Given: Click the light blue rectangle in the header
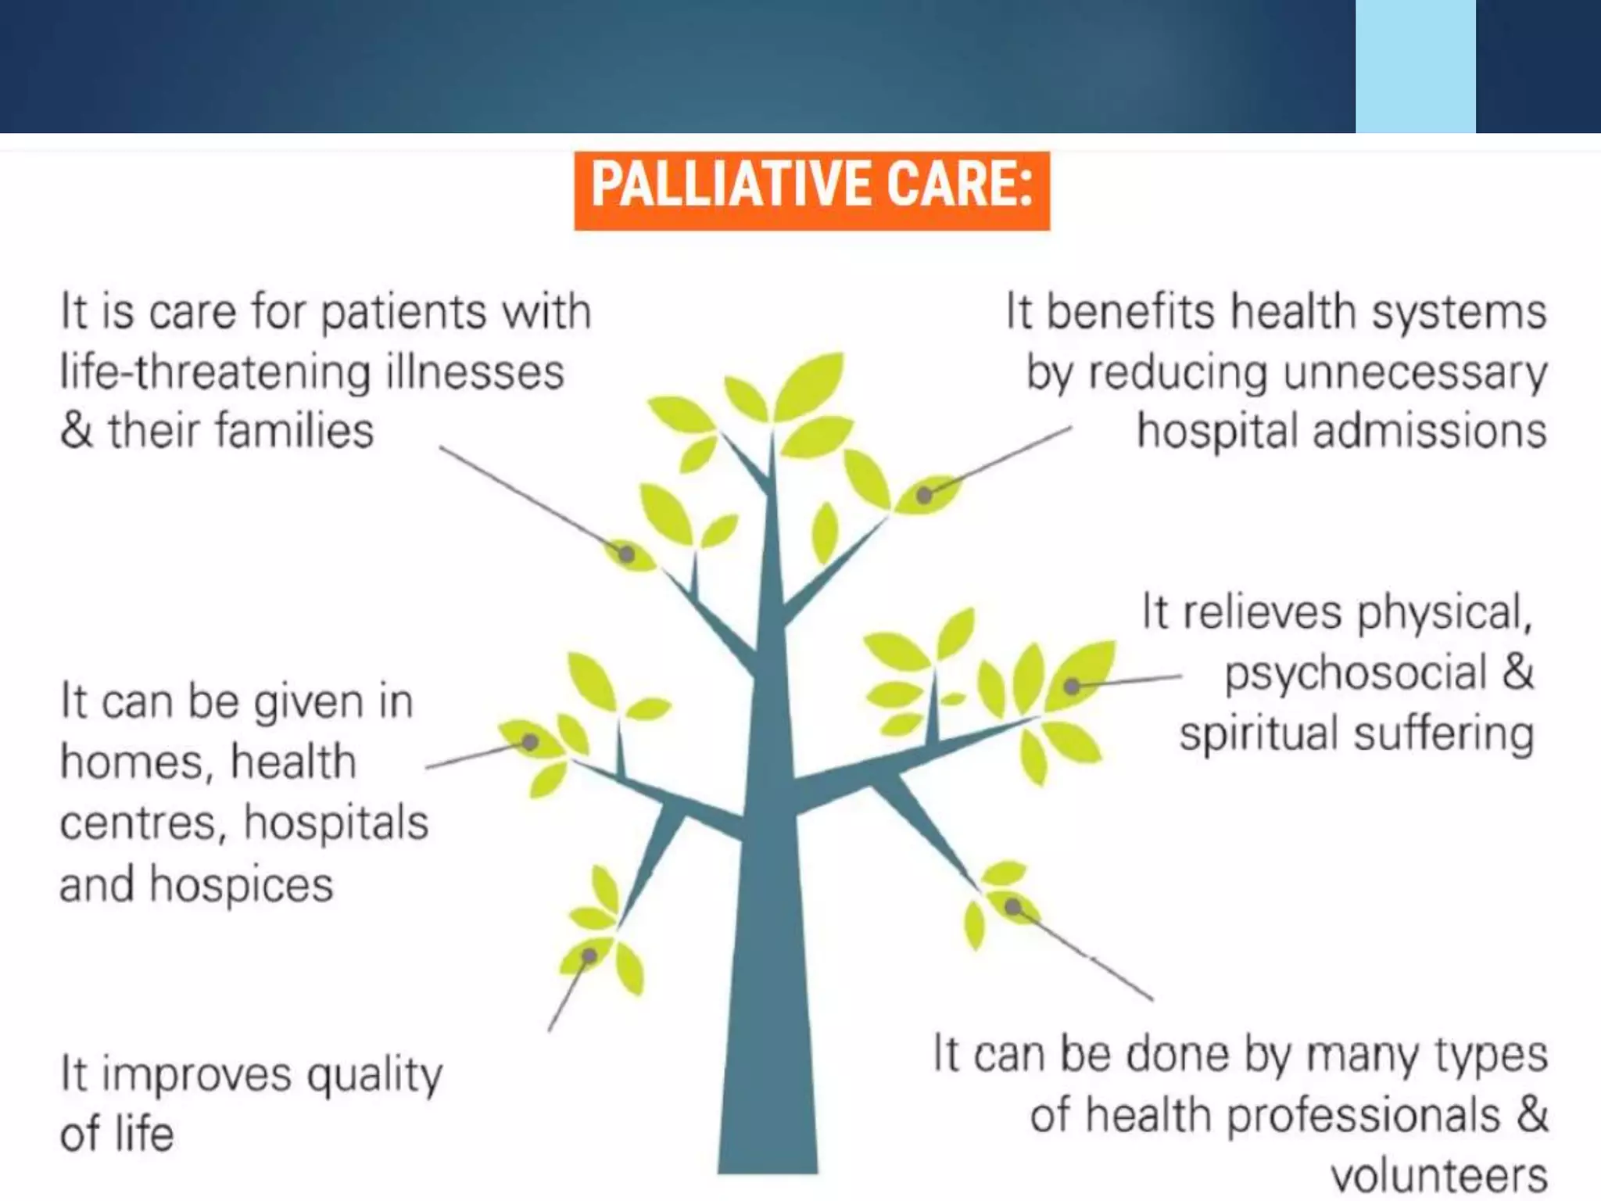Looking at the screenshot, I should click(1415, 66).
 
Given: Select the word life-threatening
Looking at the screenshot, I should click(215, 371).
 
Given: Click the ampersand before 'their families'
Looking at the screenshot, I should click(76, 431).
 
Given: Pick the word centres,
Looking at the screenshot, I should click(141, 823).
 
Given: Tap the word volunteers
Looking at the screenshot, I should click(1438, 1175).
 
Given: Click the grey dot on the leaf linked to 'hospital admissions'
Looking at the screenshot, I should click(924, 495).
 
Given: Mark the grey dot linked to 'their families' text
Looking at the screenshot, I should click(626, 554).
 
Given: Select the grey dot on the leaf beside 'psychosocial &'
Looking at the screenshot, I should click(1073, 687).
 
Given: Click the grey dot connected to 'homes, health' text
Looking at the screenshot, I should click(529, 741).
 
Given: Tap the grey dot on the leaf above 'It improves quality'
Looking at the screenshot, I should click(589, 955).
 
